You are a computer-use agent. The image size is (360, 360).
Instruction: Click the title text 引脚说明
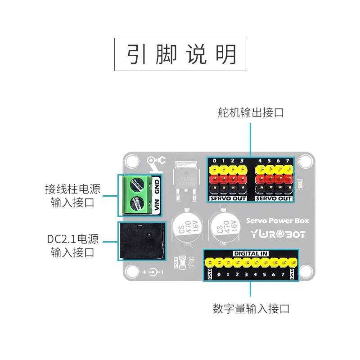click(x=180, y=54)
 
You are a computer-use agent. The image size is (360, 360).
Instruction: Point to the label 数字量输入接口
click(x=251, y=309)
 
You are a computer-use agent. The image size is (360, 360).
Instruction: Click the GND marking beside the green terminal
click(x=157, y=185)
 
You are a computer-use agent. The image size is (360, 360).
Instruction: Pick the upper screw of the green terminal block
click(x=138, y=184)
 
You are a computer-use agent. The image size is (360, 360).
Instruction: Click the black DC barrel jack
click(x=140, y=241)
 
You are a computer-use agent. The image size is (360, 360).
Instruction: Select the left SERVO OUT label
click(x=228, y=198)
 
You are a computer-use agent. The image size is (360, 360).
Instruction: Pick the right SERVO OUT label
click(x=274, y=198)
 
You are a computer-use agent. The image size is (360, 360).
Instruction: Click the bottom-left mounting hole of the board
click(x=132, y=271)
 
